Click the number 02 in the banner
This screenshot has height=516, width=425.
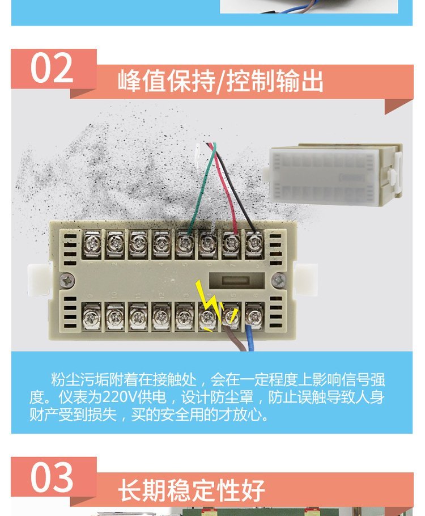pos(52,68)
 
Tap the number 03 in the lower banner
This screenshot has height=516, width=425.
pos(52,477)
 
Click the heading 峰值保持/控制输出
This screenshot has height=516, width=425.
pos(220,81)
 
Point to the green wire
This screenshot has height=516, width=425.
pos(203,188)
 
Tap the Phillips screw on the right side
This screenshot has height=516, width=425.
pos(278,280)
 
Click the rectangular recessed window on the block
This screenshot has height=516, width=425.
pos(237,280)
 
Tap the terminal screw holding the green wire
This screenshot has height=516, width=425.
pos(185,243)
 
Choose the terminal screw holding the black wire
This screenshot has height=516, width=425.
pos(254,243)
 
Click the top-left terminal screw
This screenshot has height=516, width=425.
pos(92,244)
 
